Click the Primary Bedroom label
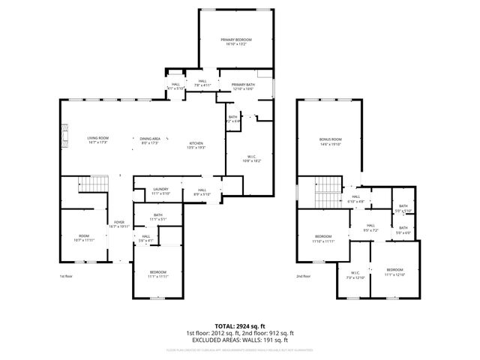tap(235, 41)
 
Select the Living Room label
tap(98, 140)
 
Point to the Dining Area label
tap(150, 140)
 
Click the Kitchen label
tap(196, 145)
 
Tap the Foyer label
tap(118, 224)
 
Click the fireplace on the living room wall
tap(64, 136)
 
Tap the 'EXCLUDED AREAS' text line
tap(239, 340)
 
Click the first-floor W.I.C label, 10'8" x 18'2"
tap(250, 159)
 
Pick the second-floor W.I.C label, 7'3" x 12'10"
tap(355, 274)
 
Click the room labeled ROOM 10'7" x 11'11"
tap(82, 238)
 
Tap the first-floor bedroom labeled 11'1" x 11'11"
tap(157, 274)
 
